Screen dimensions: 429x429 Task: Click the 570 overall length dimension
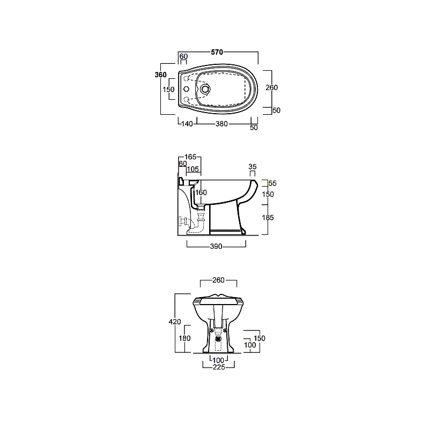click(217, 52)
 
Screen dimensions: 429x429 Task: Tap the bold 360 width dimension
click(160, 75)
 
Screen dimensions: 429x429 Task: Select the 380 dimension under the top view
click(221, 124)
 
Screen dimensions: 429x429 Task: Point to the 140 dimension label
click(187, 124)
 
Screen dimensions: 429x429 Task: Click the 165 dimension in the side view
click(190, 157)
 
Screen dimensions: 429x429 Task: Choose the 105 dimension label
click(193, 169)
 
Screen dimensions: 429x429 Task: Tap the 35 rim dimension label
click(253, 167)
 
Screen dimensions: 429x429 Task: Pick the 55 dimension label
click(272, 183)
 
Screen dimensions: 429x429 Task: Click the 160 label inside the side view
click(201, 193)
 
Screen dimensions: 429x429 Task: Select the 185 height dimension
click(268, 218)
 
